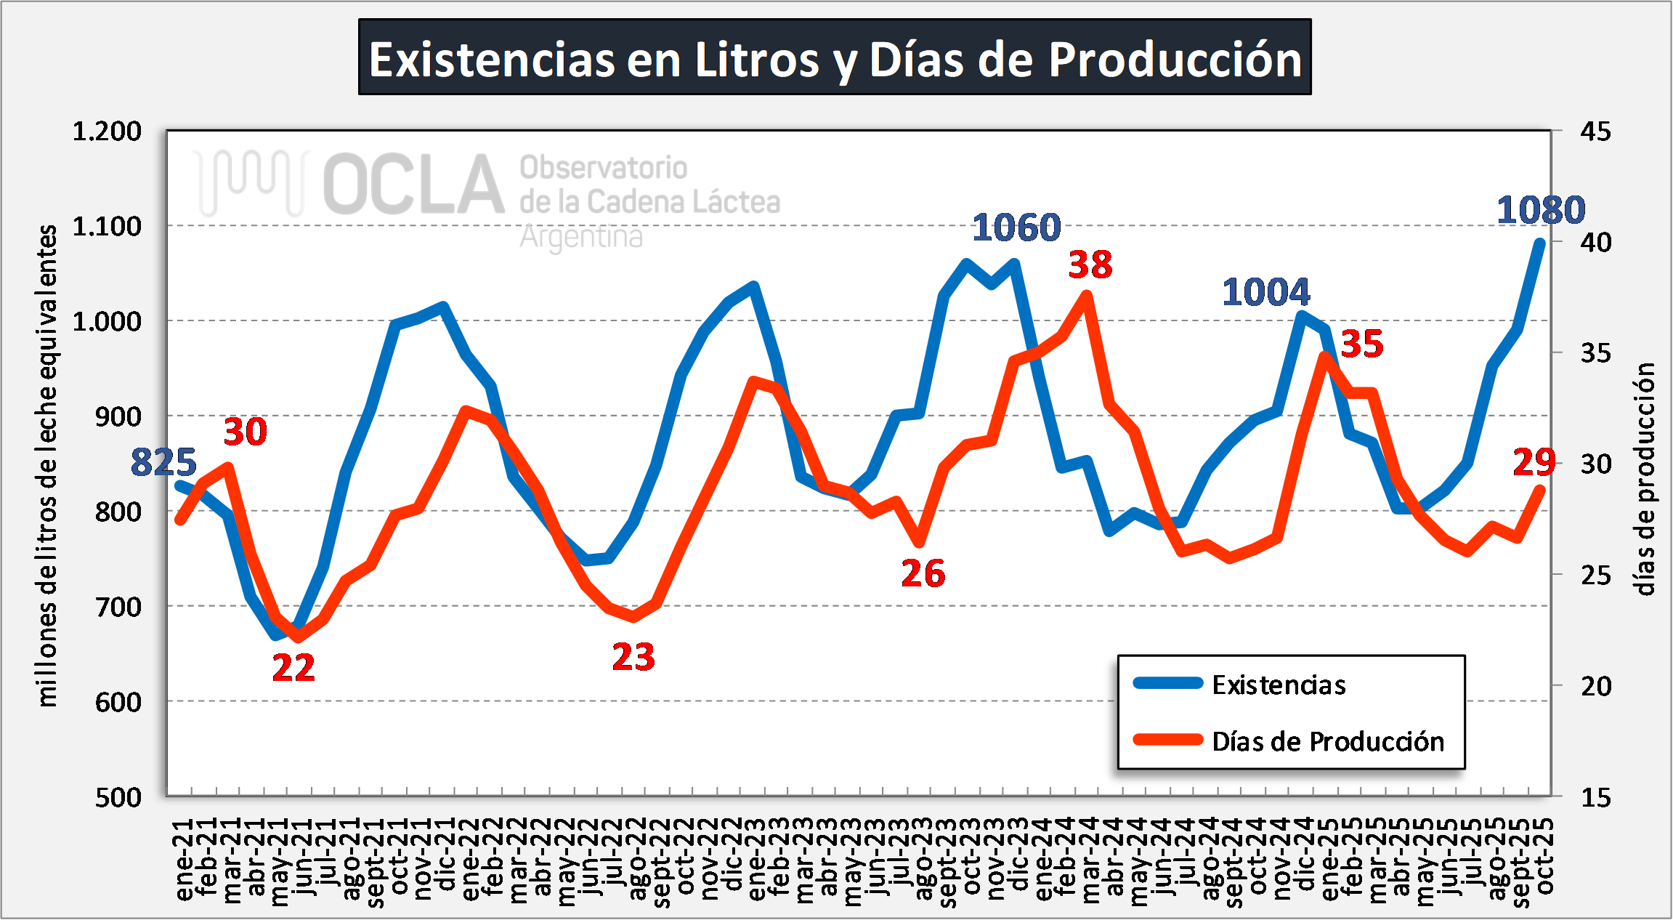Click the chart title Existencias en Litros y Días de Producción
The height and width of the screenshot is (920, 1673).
(835, 58)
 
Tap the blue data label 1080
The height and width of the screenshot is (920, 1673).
(1540, 211)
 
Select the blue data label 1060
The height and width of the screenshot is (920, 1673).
(1016, 227)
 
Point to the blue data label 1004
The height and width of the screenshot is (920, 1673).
(1265, 292)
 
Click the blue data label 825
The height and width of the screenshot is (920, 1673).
(163, 462)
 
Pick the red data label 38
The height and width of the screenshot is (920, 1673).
(1090, 265)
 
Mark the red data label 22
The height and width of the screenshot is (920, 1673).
(293, 668)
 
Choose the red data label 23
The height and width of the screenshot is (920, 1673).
(633, 658)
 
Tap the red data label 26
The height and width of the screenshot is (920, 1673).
(923, 573)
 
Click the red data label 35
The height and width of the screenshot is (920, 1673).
(1362, 344)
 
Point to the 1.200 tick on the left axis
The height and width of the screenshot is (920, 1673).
(107, 132)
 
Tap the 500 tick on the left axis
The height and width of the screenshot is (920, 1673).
(118, 797)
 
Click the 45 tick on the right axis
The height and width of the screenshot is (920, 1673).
(1595, 132)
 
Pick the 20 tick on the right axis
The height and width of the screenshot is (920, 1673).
(1595, 686)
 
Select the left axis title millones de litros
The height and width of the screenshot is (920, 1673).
(47, 465)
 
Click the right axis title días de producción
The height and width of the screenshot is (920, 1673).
(1645, 480)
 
